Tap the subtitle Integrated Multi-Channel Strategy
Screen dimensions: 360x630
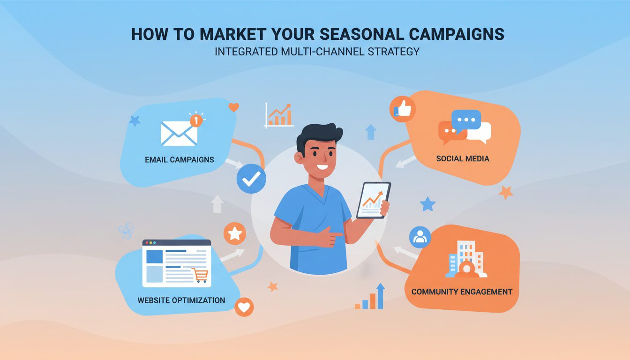tap(317, 52)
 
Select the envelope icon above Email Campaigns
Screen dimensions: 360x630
tap(179, 133)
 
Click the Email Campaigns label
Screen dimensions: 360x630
tap(180, 159)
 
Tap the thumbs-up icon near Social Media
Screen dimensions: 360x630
tap(402, 110)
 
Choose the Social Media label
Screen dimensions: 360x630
tap(462, 158)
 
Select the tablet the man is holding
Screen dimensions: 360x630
tap(374, 200)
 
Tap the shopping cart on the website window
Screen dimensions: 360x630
tap(200, 275)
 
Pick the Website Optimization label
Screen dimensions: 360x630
tap(181, 300)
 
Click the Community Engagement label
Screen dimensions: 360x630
tap(462, 292)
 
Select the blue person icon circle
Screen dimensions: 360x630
tap(420, 238)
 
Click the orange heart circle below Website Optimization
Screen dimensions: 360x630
tap(244, 307)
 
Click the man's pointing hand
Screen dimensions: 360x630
tap(336, 237)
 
